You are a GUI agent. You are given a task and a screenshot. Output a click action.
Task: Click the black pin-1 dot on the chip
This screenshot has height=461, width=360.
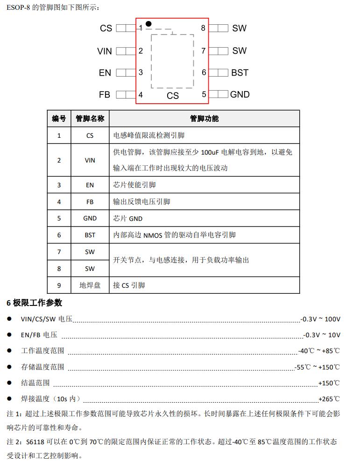[x=148, y=23]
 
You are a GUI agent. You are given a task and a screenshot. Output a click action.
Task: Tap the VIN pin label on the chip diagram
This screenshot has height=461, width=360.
[x=105, y=51]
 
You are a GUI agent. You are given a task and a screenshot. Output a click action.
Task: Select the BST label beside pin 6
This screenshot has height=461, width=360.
[x=240, y=73]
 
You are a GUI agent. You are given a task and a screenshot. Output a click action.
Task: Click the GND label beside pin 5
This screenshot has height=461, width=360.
[x=240, y=94]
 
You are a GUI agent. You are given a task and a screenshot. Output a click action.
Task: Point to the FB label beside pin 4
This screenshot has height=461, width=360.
[x=105, y=94]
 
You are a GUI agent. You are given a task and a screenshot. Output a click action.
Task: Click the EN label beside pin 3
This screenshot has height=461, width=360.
[x=105, y=73]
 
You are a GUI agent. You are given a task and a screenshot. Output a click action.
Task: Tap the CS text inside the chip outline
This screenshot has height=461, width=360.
[x=173, y=95]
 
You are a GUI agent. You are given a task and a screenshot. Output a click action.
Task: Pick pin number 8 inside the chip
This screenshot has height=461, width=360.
[x=203, y=28]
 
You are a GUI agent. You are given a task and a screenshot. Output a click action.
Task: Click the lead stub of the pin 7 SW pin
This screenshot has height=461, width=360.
[x=219, y=50]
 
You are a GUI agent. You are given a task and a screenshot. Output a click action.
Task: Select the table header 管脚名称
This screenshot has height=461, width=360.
[x=90, y=119]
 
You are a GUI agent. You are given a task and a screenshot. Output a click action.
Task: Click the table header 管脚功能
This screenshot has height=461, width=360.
[x=204, y=119]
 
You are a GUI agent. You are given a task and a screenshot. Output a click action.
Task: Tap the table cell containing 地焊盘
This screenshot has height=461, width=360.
[x=90, y=285]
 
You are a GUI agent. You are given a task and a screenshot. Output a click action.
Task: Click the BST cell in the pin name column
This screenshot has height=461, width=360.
[x=90, y=235]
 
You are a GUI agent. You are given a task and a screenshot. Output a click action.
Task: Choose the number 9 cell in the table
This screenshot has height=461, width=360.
[x=59, y=285]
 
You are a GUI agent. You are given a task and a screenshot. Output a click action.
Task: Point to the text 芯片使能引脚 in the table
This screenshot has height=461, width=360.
[x=134, y=185]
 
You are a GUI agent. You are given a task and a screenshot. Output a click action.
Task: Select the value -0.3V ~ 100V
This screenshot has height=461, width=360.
[x=321, y=319]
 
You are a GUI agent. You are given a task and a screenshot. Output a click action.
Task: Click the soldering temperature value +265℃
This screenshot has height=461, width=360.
[x=329, y=399]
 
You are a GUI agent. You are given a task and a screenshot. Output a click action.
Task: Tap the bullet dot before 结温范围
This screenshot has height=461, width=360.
[x=9, y=383]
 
